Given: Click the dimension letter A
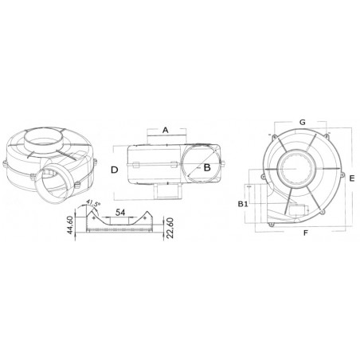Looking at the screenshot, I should click(165, 128).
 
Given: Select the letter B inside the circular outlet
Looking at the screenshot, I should click(206, 168).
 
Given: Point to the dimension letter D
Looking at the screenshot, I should click(115, 170).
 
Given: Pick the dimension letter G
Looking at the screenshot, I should click(303, 122).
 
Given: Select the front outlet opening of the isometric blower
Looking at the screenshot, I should click(53, 186).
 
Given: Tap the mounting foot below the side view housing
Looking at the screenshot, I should click(168, 192).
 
